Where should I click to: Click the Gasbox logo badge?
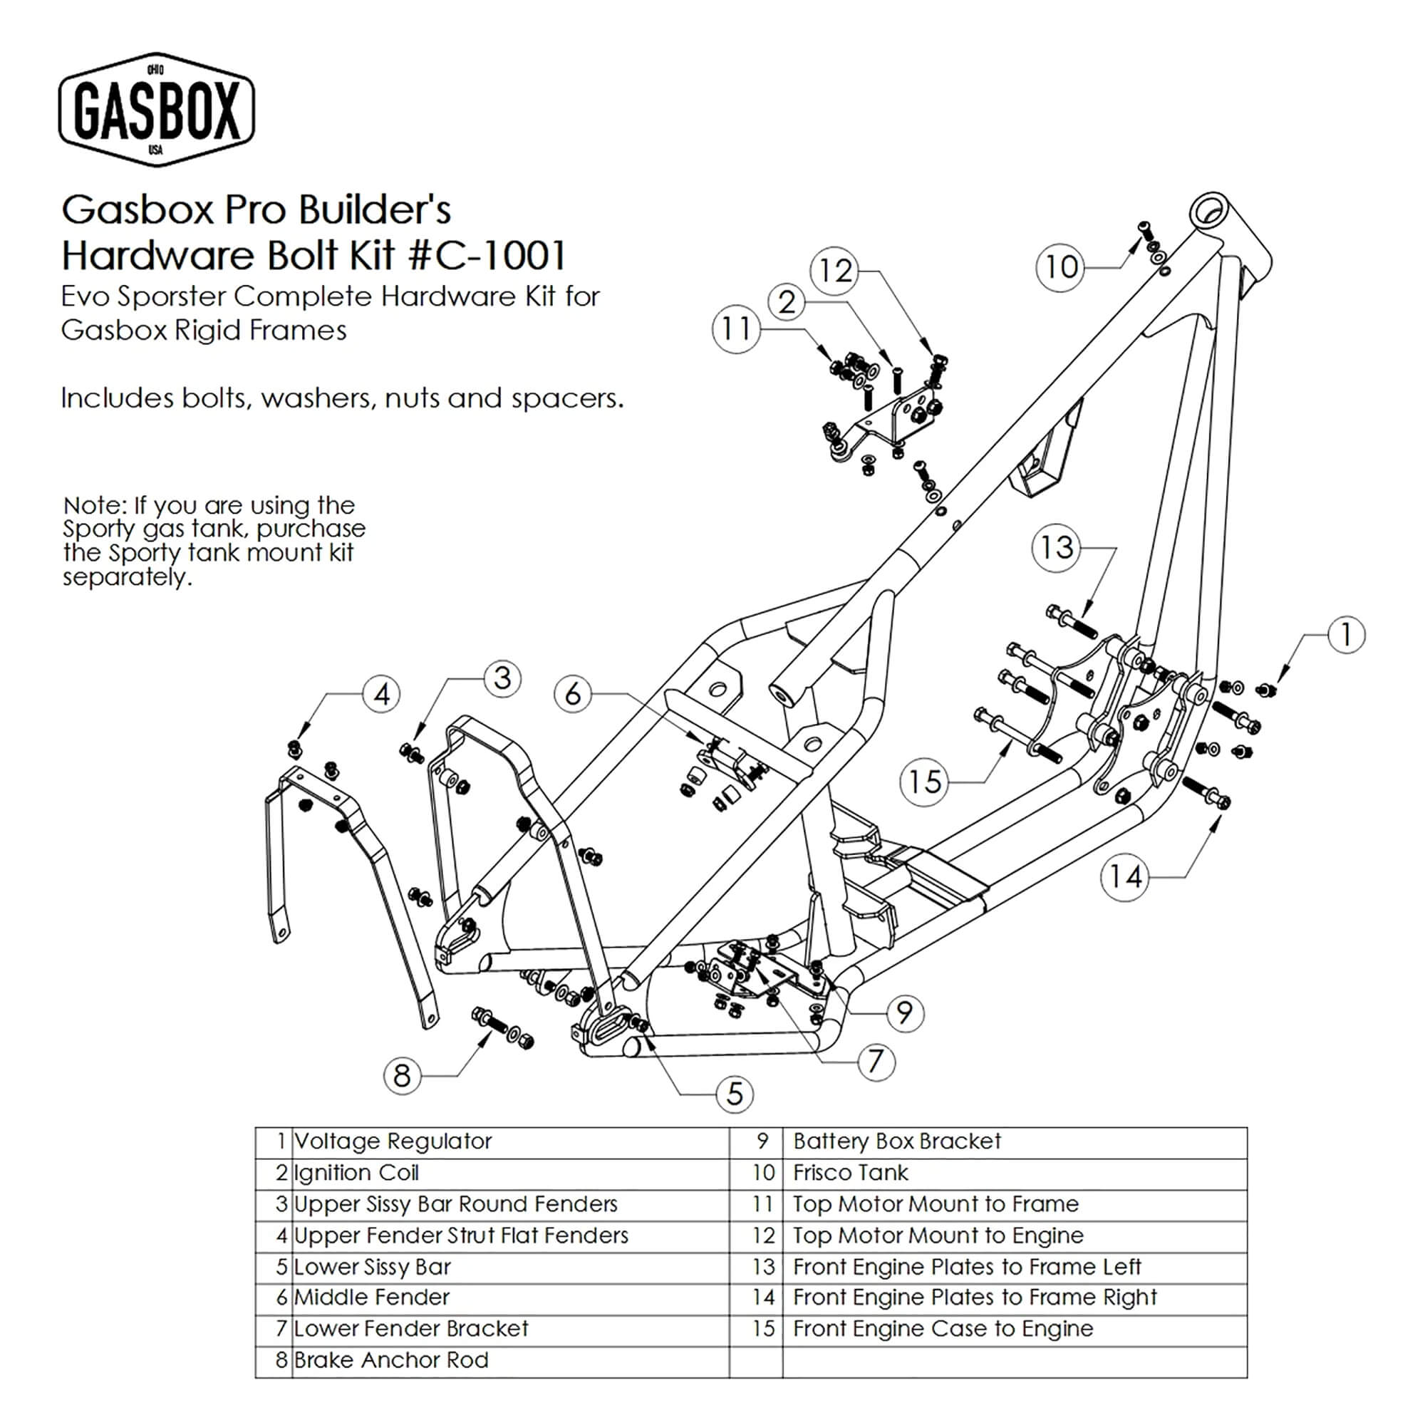[156, 109]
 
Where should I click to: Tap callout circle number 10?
[1061, 267]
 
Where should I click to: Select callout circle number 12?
[835, 271]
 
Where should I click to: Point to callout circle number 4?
[381, 694]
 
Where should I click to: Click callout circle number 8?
[402, 1076]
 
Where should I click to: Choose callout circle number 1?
[1346, 635]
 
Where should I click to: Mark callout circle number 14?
[1126, 877]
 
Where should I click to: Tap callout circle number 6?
[573, 694]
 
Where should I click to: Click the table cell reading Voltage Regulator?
[393, 1141]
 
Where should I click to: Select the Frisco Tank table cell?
[851, 1173]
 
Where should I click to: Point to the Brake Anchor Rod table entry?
[391, 1360]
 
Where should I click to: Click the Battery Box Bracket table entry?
[897, 1141]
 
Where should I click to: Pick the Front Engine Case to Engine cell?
[943, 1328]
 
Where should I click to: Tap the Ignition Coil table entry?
[356, 1173]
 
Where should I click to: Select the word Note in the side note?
[93, 506]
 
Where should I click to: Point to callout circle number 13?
[1056, 547]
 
